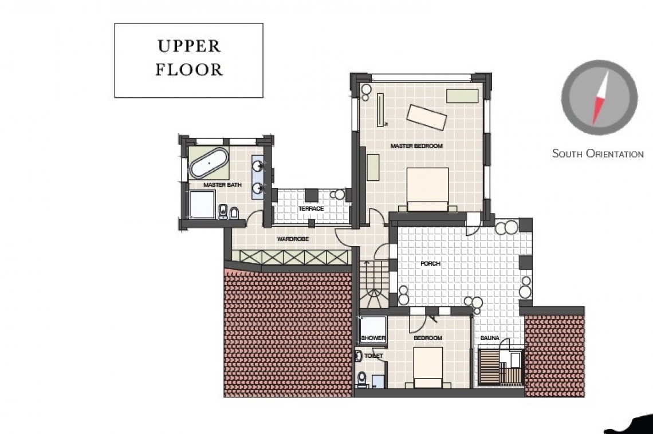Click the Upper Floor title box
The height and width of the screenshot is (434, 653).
(188, 60)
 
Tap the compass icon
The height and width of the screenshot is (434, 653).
(599, 97)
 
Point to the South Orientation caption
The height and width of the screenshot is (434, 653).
(597, 153)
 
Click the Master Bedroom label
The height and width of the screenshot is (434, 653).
(416, 147)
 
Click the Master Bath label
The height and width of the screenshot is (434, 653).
(222, 185)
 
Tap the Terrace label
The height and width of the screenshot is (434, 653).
(310, 208)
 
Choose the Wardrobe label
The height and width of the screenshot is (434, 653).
(289, 239)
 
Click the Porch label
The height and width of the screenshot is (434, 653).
(430, 264)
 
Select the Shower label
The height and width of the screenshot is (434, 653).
(373, 338)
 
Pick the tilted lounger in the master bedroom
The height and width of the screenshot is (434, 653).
(426, 117)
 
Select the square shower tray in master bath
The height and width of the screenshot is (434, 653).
(201, 204)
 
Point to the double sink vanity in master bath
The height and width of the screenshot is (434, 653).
(259, 176)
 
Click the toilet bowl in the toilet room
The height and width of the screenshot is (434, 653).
(361, 379)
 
